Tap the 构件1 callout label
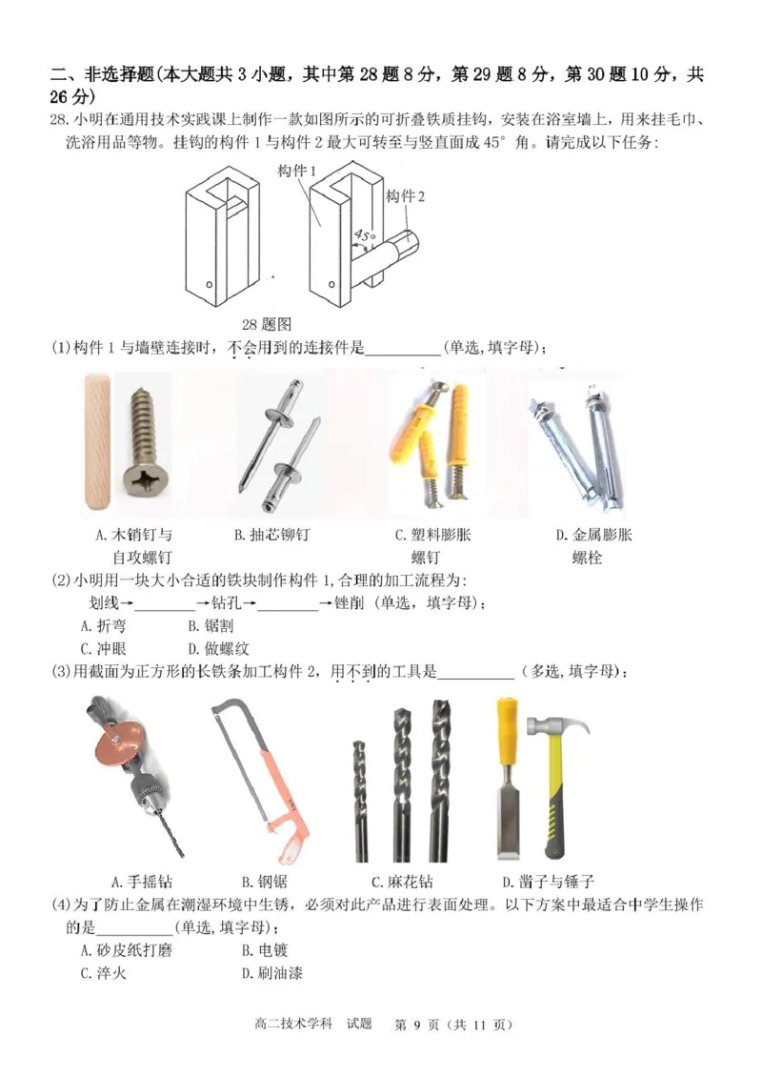pos(298,170)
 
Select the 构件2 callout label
pos(405,195)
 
